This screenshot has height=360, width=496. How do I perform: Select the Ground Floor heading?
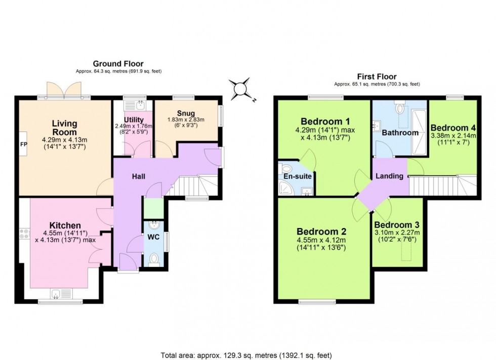(118, 64)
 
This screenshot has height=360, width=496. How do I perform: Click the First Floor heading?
(377, 76)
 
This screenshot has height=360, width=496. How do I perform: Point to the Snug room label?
(186, 112)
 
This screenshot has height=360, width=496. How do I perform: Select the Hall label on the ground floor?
(139, 176)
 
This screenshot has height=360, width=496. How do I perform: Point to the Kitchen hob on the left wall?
(24, 234)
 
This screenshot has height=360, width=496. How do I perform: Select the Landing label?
(389, 176)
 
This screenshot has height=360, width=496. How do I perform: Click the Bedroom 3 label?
(397, 224)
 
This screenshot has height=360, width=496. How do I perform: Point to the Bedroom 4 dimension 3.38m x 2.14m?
(453, 136)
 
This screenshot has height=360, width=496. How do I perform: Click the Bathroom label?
(400, 133)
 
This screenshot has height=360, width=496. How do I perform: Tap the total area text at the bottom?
(246, 355)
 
